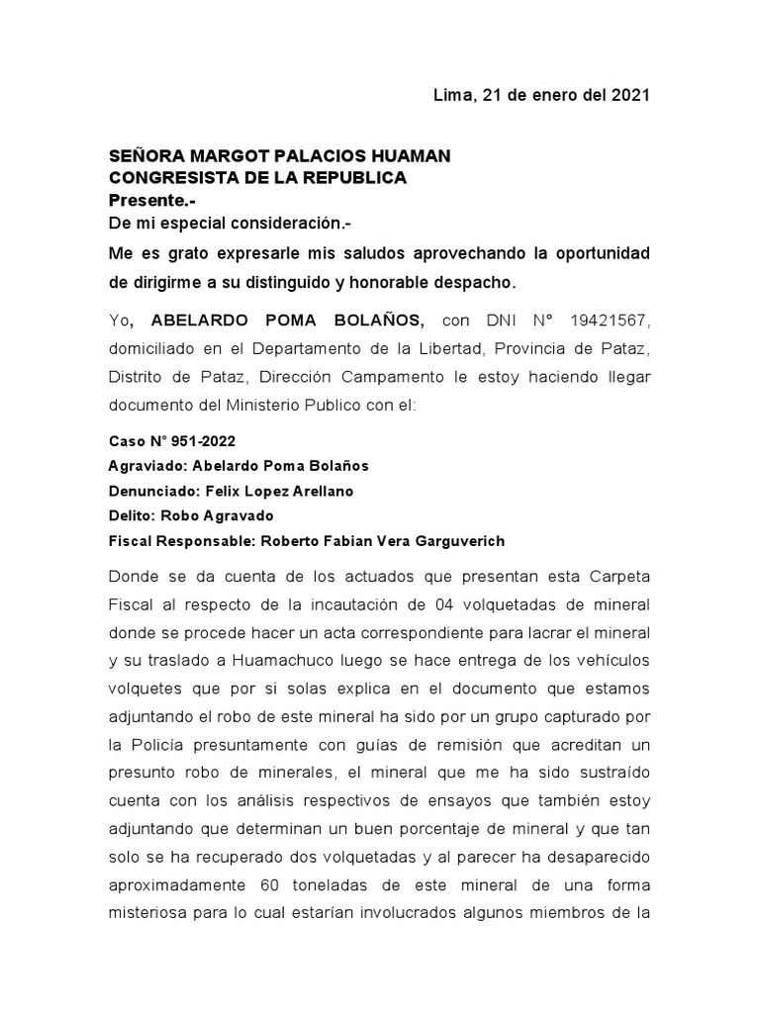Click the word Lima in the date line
pos(452,96)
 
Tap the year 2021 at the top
pos(629,96)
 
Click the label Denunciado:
pos(152,491)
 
